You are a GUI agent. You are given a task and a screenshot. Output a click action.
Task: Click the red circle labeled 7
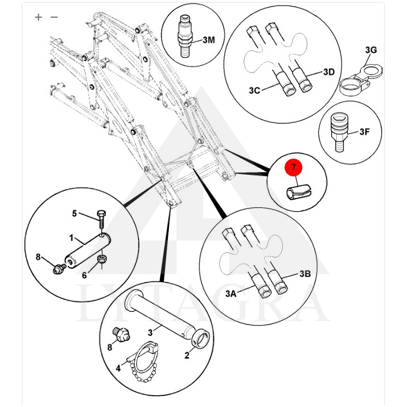[x=294, y=167]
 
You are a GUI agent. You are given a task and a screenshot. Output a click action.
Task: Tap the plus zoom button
[x=39, y=17]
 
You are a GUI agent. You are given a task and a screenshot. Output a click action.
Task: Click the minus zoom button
[x=54, y=17]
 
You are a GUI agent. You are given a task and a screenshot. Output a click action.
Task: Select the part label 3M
[x=209, y=39]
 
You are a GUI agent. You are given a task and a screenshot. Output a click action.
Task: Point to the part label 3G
[x=371, y=50]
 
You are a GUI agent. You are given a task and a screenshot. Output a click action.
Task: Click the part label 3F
[x=365, y=132]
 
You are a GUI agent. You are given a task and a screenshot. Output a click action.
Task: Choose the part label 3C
[x=254, y=91]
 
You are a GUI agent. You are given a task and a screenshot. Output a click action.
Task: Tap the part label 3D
[x=329, y=72]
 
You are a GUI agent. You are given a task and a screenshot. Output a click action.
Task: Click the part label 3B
[x=305, y=274]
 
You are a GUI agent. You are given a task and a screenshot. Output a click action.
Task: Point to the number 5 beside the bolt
[x=74, y=214]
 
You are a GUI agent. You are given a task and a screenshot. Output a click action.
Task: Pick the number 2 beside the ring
[x=187, y=356]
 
